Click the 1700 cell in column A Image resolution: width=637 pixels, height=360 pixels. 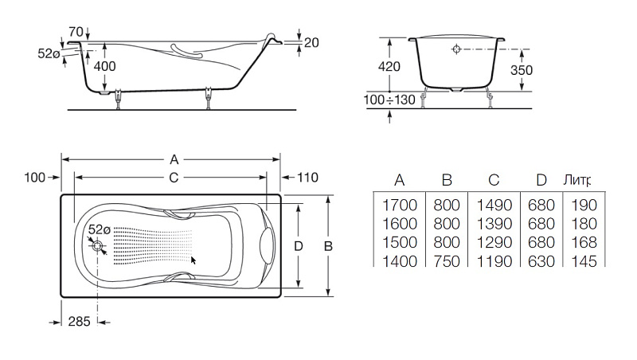pos(400,205)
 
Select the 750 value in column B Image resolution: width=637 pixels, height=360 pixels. pos(447,261)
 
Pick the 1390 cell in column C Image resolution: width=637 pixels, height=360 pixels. pos(494,224)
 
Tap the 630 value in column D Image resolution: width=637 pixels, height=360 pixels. pos(541,261)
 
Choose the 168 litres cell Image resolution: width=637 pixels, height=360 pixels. pos(584,243)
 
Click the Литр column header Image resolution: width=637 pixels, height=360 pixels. pos(576,180)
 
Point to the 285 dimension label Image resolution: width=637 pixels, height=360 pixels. pos(79,322)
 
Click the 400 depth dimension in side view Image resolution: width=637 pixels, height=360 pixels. pos(105,66)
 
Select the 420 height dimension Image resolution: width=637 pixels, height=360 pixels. pos(389,66)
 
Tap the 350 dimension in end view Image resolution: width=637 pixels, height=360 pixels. pos(522,70)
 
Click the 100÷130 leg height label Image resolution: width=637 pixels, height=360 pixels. pos(389,100)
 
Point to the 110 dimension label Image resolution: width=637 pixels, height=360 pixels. pos(307,177)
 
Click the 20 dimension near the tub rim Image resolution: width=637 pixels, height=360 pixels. pos(311,43)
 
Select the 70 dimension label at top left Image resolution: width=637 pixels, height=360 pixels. pos(76,31)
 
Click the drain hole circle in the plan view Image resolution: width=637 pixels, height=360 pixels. pos(98,246)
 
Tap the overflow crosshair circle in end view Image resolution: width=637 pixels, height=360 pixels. pos(456,49)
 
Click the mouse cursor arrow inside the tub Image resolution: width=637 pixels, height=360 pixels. pos(193,260)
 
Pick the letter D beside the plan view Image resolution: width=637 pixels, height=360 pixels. pos(299,246)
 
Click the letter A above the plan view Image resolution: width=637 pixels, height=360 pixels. pos(174,159)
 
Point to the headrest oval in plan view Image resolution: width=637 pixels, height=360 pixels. pos(267,245)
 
